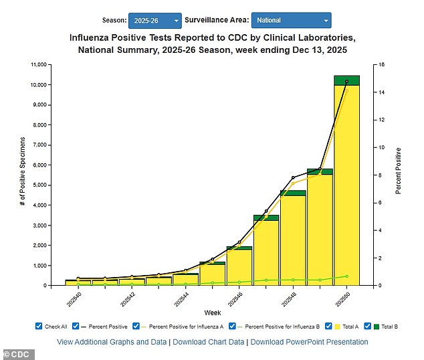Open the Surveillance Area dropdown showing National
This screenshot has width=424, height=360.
click(x=291, y=21)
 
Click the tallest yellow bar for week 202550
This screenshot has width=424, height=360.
click(x=346, y=187)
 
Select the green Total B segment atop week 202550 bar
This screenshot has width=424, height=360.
click(x=346, y=80)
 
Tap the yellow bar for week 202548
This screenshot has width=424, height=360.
click(x=293, y=241)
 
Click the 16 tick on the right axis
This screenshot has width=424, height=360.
click(x=380, y=65)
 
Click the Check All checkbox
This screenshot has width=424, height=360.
click(x=39, y=327)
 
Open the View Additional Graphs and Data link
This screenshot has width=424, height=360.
click(x=111, y=342)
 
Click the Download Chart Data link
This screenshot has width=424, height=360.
click(x=208, y=342)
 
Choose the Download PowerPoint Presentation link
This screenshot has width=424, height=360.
click(x=309, y=342)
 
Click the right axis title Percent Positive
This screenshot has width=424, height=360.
click(x=399, y=171)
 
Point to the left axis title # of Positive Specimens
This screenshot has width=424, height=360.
click(x=22, y=171)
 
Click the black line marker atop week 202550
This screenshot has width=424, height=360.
click(x=346, y=82)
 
